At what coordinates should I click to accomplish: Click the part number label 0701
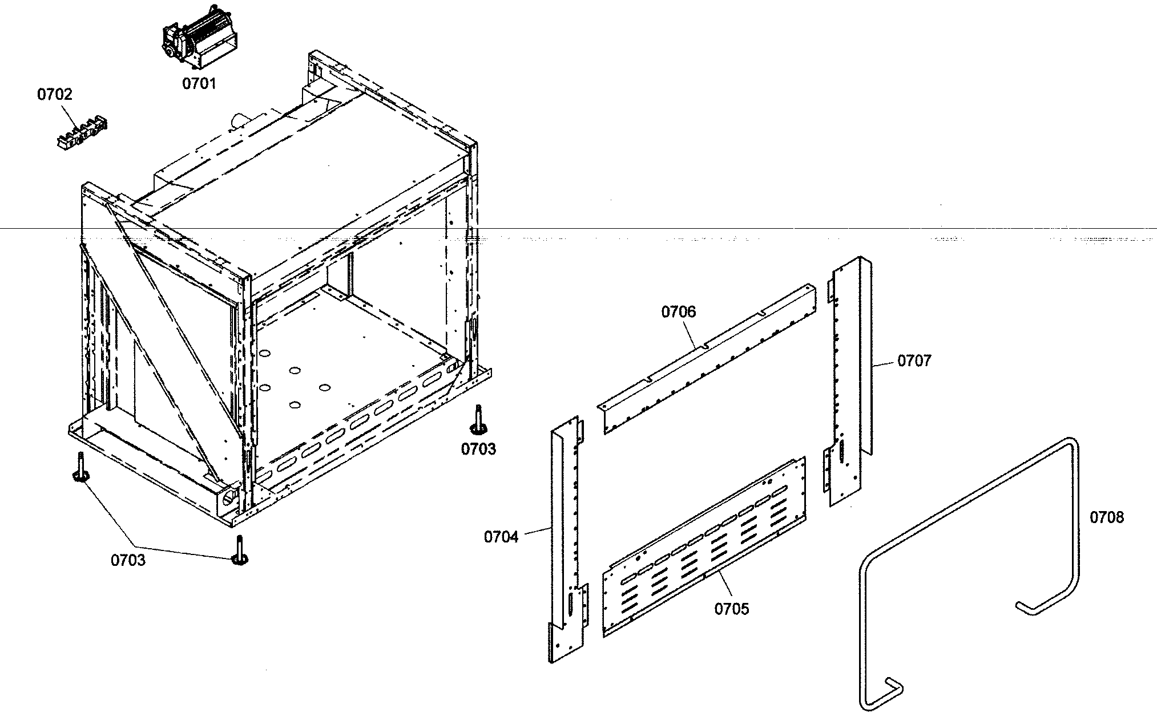coord(199,83)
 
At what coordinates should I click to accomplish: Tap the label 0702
coord(55,94)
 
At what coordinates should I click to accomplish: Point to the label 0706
coord(679,312)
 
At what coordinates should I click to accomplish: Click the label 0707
coord(914,361)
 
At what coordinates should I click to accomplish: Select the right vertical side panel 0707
coord(850,382)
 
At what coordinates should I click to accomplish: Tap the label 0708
coord(1106,517)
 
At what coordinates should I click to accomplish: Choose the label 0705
coord(731,609)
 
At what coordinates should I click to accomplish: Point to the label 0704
coord(501,537)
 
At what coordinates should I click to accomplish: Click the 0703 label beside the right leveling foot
coord(478,449)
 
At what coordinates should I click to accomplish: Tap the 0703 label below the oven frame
coord(128,560)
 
